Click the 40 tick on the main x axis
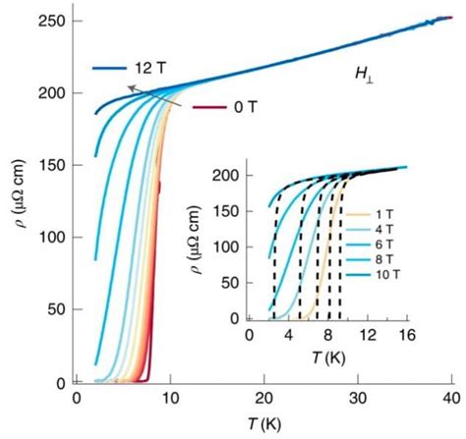451,400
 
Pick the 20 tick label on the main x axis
264,400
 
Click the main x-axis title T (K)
263,424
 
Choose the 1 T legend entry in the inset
382,213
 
